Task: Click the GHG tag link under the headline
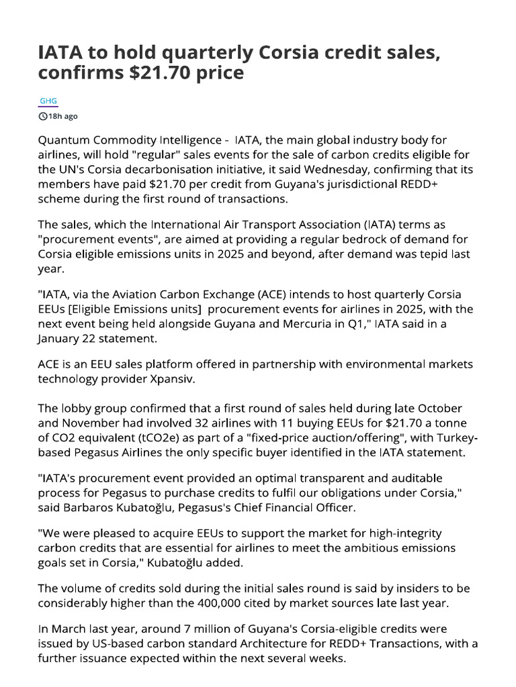(48, 101)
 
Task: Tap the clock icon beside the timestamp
(44, 116)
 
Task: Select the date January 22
(71, 339)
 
